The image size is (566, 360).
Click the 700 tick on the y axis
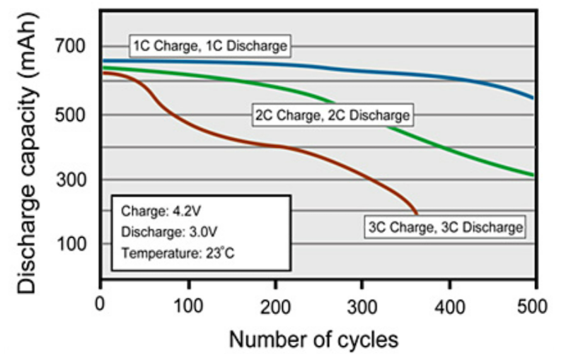[x=73, y=48]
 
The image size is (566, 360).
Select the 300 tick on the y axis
[x=73, y=180]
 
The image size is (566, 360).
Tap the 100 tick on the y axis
[x=73, y=245]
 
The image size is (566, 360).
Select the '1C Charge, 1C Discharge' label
[x=210, y=46]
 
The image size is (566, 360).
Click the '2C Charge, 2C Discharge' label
[x=332, y=115]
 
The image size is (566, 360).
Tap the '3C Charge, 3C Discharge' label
[x=446, y=228]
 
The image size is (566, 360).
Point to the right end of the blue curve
[x=533, y=98]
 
